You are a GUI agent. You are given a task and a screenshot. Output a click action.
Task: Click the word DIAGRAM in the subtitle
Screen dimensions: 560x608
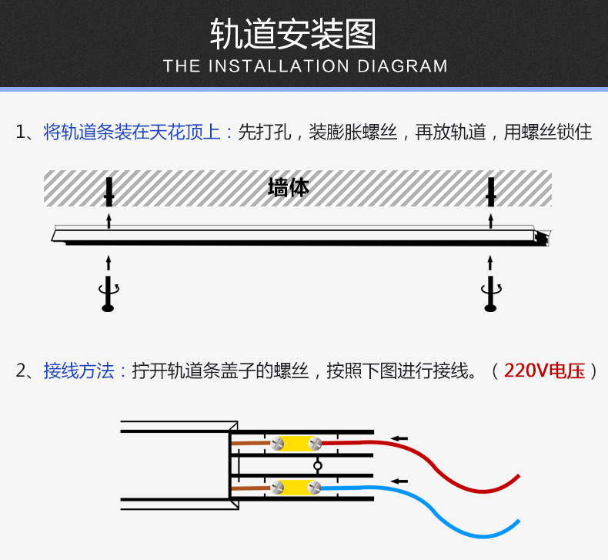[x=403, y=66]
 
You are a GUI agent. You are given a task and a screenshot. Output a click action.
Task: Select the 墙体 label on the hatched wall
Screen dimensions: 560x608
[x=288, y=187]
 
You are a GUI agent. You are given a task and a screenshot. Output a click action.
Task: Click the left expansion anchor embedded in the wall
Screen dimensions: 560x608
[x=109, y=191]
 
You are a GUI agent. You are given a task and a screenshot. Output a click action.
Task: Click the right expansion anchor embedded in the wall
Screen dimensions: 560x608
[x=490, y=191]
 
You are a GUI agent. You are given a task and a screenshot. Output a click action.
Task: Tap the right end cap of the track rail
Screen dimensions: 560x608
[x=545, y=238]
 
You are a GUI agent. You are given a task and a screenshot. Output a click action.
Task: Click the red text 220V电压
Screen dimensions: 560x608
[x=544, y=371]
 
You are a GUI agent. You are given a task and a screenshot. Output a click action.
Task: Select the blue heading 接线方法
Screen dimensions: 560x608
[x=79, y=371]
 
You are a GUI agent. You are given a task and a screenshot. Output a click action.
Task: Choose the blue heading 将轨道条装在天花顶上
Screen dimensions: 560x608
[x=132, y=132]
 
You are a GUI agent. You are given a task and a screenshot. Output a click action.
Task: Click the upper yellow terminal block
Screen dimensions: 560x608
[x=296, y=444]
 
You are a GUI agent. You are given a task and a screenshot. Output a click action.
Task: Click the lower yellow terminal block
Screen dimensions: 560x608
[x=296, y=488]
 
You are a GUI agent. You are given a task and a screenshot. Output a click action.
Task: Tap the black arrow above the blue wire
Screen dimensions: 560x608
[x=399, y=481]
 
